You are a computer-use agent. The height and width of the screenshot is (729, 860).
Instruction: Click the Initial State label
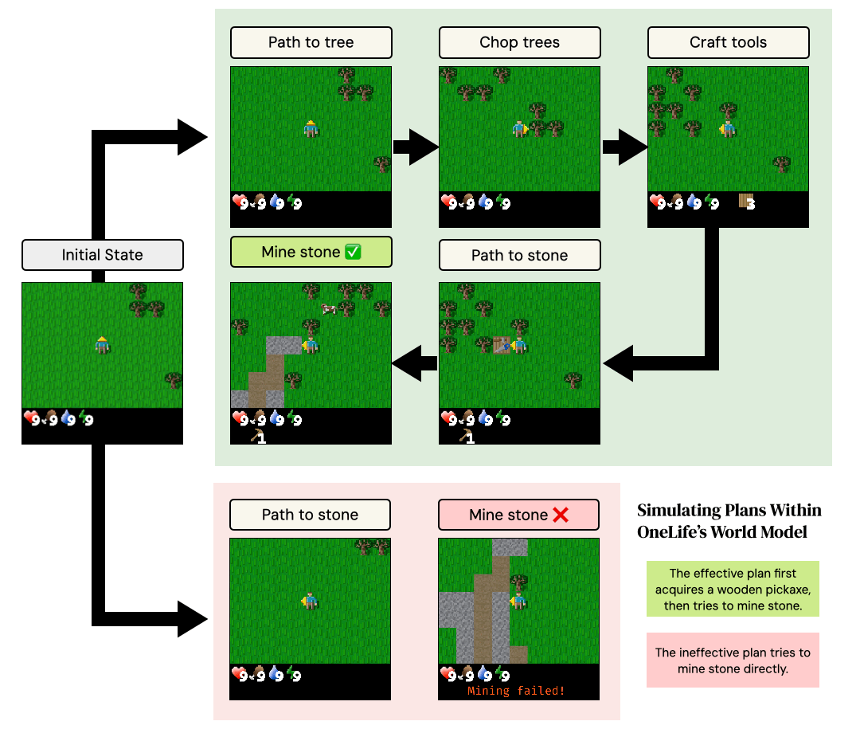coord(103,255)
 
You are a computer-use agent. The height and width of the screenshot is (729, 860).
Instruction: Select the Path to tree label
coord(311,42)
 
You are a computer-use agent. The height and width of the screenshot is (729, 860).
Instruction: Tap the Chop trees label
coord(519,42)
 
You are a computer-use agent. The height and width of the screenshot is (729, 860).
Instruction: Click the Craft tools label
coord(728,42)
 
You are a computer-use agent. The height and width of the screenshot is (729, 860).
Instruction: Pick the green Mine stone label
coord(311,252)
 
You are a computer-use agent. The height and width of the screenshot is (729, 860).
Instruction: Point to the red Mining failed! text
coord(516,691)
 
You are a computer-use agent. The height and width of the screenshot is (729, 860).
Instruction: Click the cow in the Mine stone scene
coord(328,308)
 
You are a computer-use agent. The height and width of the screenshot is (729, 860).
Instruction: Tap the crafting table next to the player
coord(502,345)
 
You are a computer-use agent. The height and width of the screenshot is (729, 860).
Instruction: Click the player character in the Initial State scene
coord(102,344)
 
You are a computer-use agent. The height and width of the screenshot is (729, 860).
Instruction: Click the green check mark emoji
coord(353,253)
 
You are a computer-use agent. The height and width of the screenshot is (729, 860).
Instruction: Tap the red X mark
coord(560,515)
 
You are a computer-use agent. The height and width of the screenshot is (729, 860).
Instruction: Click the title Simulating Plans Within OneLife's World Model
coord(729,521)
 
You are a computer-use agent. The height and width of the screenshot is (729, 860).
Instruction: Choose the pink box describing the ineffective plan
coord(733,660)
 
